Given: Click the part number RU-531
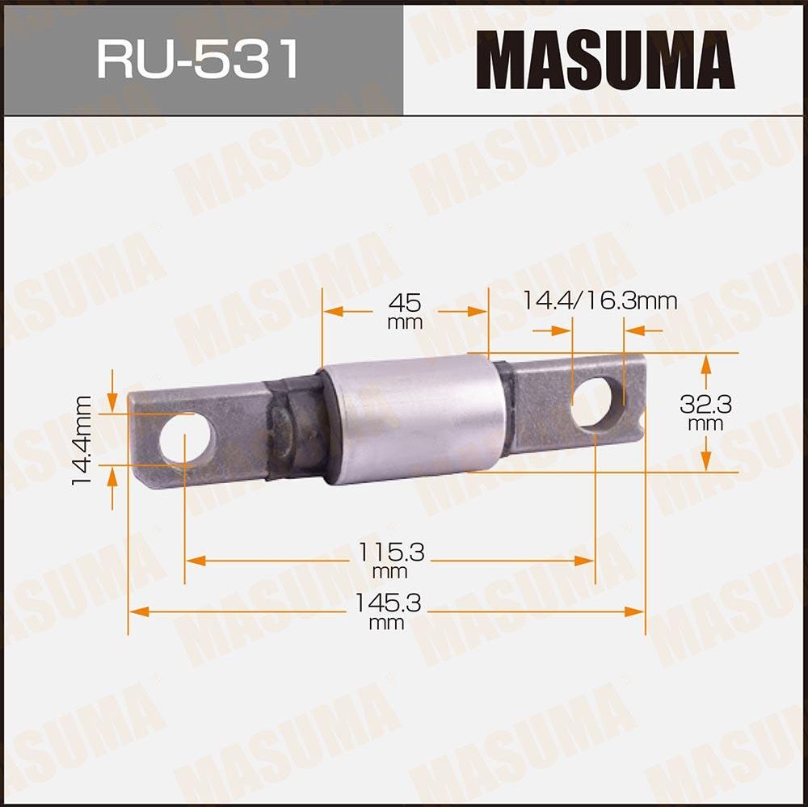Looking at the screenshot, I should (x=198, y=59).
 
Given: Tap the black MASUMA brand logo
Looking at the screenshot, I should (x=604, y=60).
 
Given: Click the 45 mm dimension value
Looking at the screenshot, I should (x=405, y=311).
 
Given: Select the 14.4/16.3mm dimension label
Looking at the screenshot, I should (x=599, y=301).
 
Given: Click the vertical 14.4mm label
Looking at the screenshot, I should (x=81, y=440).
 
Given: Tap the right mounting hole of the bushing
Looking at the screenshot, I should (x=591, y=402).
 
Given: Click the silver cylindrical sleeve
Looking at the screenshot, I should (x=414, y=418).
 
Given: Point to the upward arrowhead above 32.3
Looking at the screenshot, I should (x=706, y=364).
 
